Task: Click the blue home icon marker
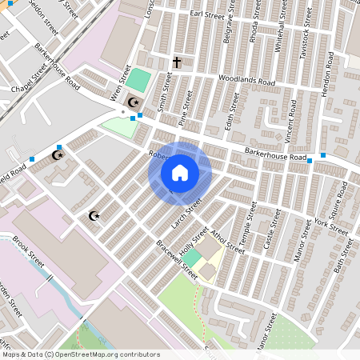tap(180, 173)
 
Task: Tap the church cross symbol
tap(177, 62)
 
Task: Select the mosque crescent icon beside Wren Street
tap(134, 102)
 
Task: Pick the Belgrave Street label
tap(230, 33)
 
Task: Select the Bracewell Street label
tap(177, 258)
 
